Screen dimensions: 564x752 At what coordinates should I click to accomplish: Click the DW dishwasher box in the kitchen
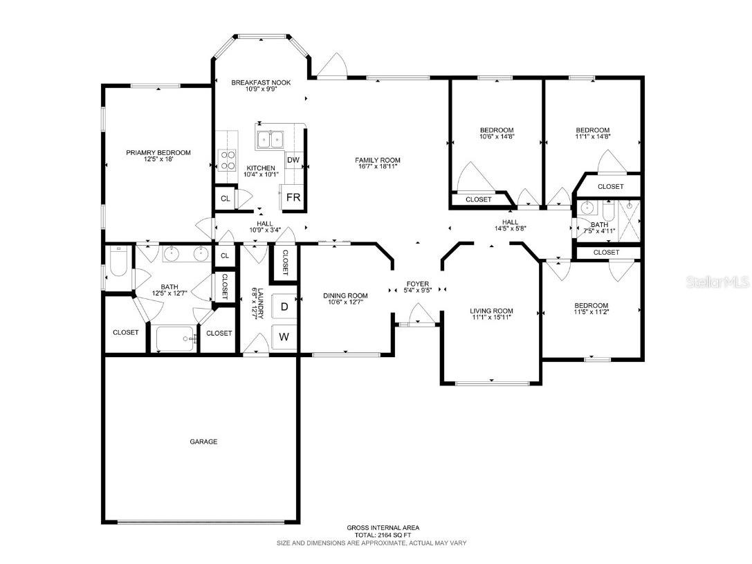293,161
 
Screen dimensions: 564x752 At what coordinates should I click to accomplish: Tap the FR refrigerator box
293,197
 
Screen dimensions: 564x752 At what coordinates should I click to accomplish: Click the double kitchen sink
270,140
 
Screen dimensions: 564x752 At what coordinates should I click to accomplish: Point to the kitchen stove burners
228,161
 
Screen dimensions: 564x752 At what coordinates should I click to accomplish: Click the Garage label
203,442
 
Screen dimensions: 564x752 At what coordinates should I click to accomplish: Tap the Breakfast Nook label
261,82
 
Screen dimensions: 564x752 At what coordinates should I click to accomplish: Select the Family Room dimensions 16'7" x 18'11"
378,167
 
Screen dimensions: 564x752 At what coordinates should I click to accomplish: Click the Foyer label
418,284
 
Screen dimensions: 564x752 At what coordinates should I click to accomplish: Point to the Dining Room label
345,295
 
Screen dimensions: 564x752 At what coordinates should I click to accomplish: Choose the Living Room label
491,311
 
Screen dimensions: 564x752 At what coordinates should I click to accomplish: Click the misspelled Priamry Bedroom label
158,153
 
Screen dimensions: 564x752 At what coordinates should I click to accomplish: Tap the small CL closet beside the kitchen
225,198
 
